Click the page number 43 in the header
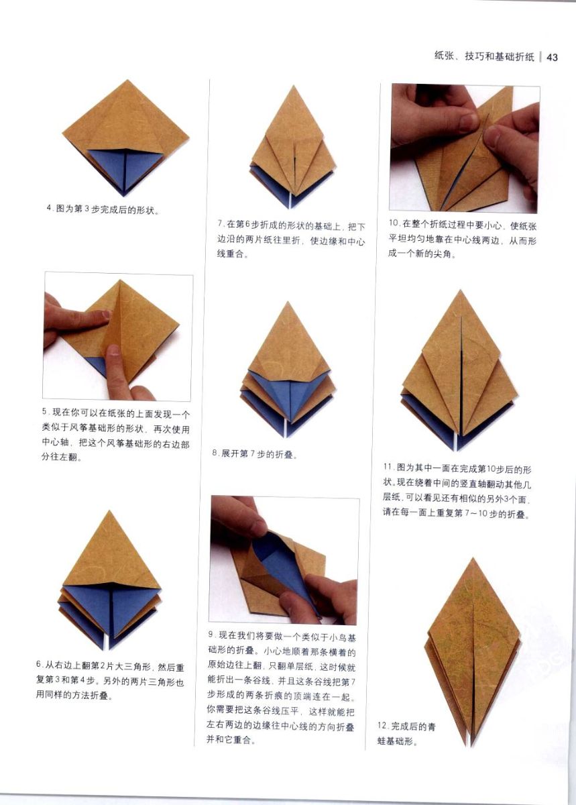tap(552, 58)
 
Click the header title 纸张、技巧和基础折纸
tap(484, 57)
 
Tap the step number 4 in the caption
tap(49, 209)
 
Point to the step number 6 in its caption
tap(38, 664)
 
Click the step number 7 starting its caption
tap(220, 223)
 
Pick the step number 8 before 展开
tap(215, 454)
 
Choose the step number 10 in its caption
tap(394, 223)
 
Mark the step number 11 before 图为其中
tap(388, 467)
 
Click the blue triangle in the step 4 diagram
tap(124, 167)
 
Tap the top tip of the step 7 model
tap(294, 86)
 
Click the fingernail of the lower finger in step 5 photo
tap(113, 350)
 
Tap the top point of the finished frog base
tap(473, 558)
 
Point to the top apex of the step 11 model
tap(460, 290)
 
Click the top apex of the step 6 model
tap(109, 511)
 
